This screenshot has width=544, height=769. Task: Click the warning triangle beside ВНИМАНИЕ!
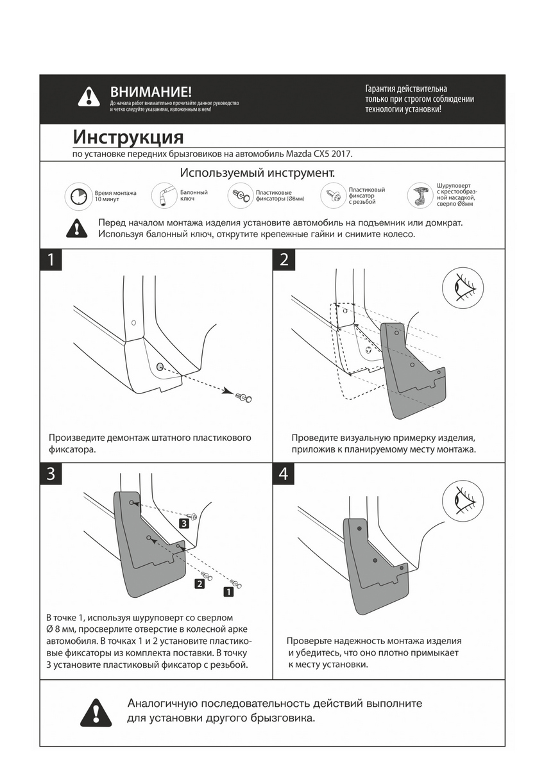click(89, 97)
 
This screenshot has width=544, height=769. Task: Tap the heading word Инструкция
click(128, 137)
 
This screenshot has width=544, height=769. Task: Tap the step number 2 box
click(285, 260)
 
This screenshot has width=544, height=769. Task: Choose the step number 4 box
click(285, 474)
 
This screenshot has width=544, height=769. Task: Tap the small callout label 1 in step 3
click(228, 592)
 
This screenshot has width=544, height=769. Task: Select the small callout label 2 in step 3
click(200, 584)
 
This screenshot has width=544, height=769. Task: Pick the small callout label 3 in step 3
click(184, 524)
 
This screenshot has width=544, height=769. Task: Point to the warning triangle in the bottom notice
click(95, 711)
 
